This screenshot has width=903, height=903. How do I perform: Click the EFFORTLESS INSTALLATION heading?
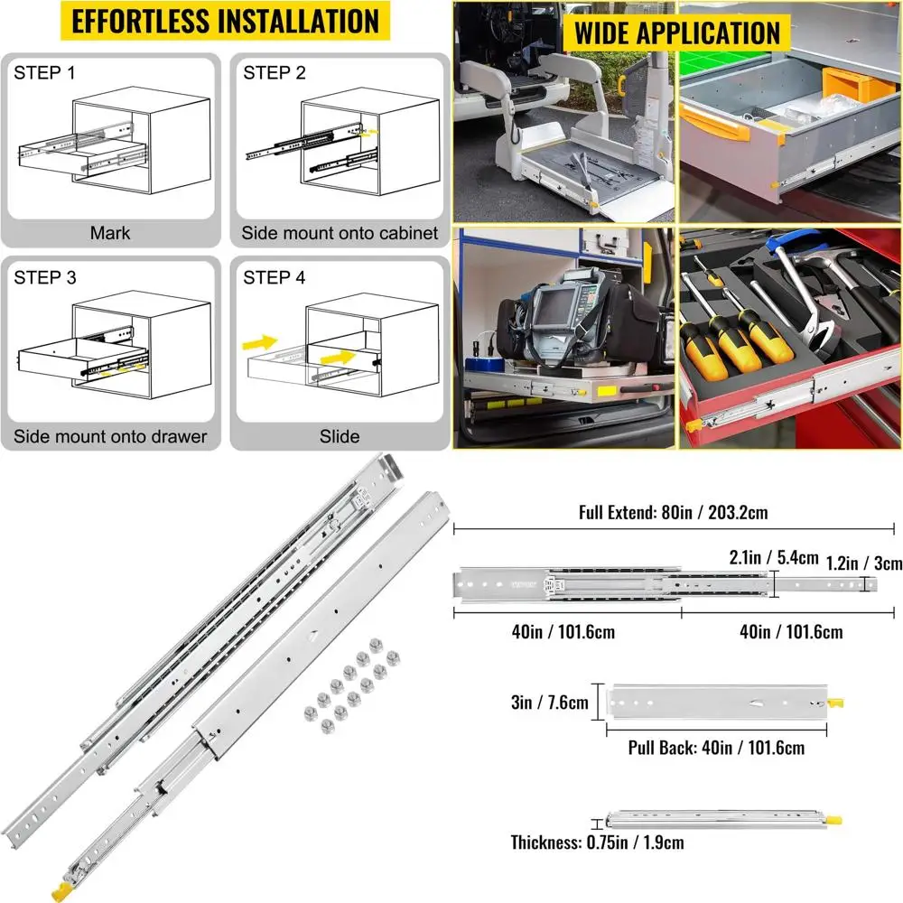(225, 22)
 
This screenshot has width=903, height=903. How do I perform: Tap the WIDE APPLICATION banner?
(676, 33)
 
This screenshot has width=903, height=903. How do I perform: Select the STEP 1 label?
(44, 72)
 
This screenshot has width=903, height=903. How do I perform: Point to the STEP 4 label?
(274, 277)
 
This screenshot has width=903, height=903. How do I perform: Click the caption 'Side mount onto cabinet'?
(340, 233)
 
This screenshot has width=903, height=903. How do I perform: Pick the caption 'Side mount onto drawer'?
(110, 436)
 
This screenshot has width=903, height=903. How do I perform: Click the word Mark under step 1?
(110, 233)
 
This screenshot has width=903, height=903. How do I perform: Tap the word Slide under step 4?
(340, 436)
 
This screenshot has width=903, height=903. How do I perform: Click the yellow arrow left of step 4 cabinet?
(259, 343)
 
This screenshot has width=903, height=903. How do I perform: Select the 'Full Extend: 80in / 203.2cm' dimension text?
(674, 512)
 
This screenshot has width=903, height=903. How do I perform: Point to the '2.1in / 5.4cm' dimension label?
(774, 557)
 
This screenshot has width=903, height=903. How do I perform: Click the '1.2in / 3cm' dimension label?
(864, 563)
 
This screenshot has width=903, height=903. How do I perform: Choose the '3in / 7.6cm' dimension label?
(550, 702)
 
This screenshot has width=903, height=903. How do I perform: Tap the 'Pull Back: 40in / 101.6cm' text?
(716, 748)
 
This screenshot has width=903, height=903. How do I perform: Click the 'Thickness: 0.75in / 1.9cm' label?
(597, 842)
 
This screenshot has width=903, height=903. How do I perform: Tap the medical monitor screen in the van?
(554, 308)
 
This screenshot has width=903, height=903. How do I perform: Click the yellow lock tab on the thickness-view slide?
(833, 820)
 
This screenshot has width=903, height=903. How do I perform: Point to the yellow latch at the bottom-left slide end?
(62, 890)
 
